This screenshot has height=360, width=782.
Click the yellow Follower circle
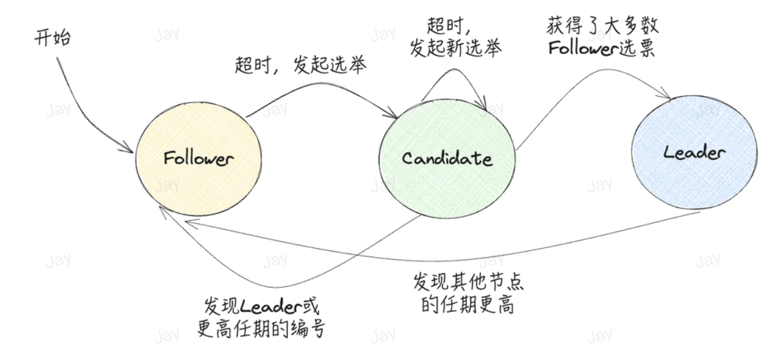tap(198, 182)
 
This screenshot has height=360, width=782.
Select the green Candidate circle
tap(447, 182)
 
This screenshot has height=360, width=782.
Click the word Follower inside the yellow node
tap(198, 159)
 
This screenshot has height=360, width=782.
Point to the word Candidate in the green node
tap(447, 159)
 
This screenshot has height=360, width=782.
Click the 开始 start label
tap(52, 38)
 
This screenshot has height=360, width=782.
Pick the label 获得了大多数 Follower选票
tap(601, 38)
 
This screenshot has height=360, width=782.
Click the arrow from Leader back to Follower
tap(462, 255)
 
